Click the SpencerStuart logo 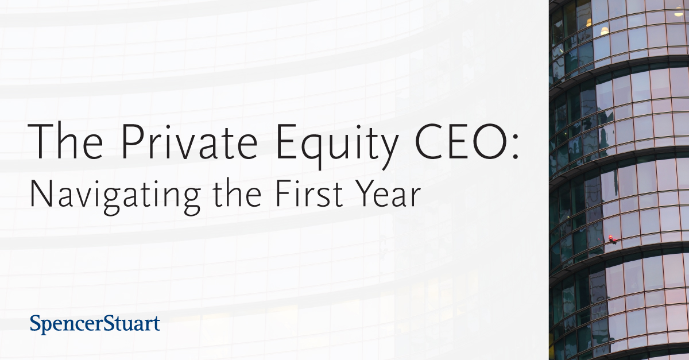coord(95,324)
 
